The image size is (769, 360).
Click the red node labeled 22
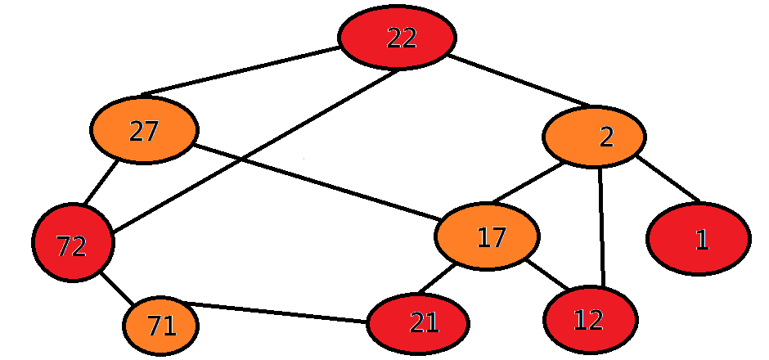(x=397, y=38)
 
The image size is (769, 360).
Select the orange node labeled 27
(x=144, y=131)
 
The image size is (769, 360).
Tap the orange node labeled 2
(x=594, y=137)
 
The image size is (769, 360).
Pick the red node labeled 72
(x=73, y=243)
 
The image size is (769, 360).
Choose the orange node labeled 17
(x=488, y=236)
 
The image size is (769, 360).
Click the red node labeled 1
(x=698, y=239)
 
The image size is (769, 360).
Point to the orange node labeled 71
(x=161, y=326)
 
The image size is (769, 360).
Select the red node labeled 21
(x=418, y=323)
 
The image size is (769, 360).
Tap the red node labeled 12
(x=590, y=320)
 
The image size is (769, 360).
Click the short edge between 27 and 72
(x=100, y=182)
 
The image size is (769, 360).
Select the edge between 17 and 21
(x=435, y=281)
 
